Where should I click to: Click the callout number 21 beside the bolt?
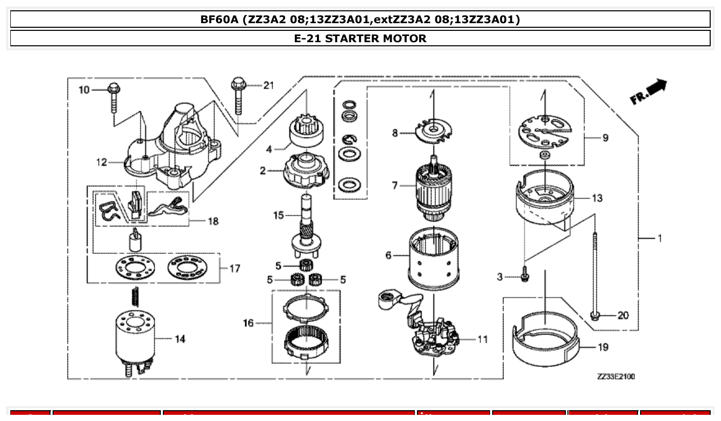point(268,85)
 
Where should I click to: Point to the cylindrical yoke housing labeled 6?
point(433,260)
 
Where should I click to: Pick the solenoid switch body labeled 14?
point(133,337)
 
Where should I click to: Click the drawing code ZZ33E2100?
point(615,377)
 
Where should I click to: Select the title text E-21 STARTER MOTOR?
point(360,38)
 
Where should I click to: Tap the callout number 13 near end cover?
point(597,198)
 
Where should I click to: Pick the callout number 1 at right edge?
point(659,238)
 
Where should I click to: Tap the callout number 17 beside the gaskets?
point(234,268)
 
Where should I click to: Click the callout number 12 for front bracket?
point(102,163)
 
